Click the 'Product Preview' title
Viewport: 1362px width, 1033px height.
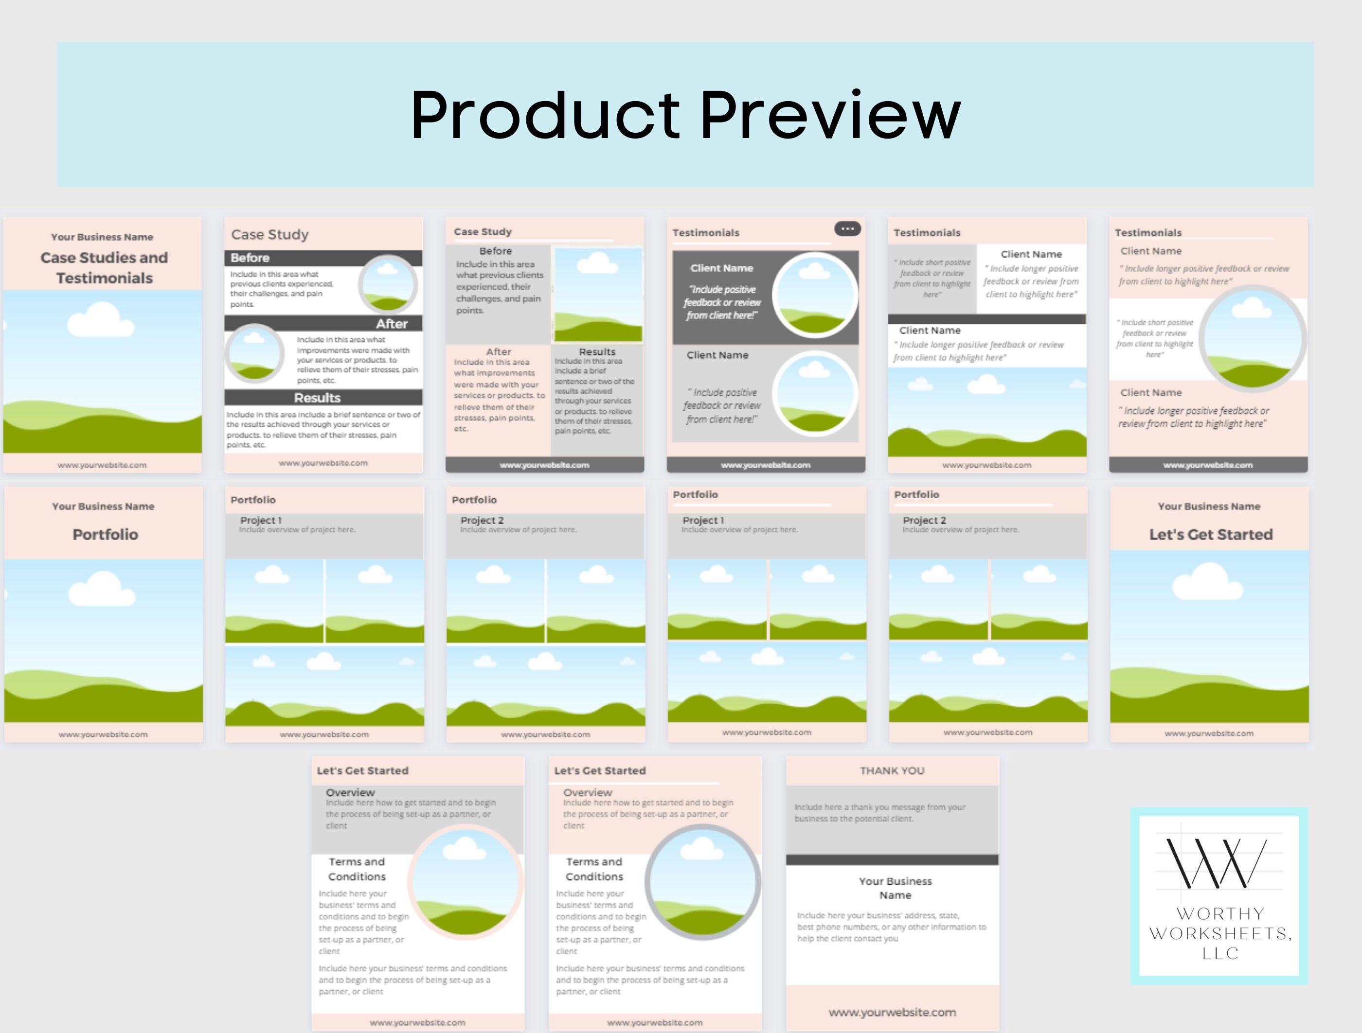tap(685, 115)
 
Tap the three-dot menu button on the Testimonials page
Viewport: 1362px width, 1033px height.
tap(847, 229)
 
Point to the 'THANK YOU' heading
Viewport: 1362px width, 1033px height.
tap(892, 770)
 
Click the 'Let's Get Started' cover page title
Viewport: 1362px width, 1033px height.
tap(1211, 534)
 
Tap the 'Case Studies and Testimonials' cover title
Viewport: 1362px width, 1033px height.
tap(104, 268)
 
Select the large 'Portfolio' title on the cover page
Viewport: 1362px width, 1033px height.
tap(105, 534)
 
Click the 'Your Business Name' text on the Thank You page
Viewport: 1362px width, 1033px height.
tap(896, 888)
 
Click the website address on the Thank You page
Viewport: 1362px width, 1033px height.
tap(892, 1012)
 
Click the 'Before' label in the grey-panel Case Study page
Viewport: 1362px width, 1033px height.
tap(496, 251)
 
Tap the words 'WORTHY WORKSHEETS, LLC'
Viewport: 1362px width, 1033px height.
tap(1220, 933)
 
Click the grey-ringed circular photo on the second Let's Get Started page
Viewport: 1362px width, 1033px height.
tap(702, 882)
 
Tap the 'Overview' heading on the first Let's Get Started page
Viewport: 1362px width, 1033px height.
tap(350, 792)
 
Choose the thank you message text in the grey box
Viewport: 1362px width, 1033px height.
tap(880, 812)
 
